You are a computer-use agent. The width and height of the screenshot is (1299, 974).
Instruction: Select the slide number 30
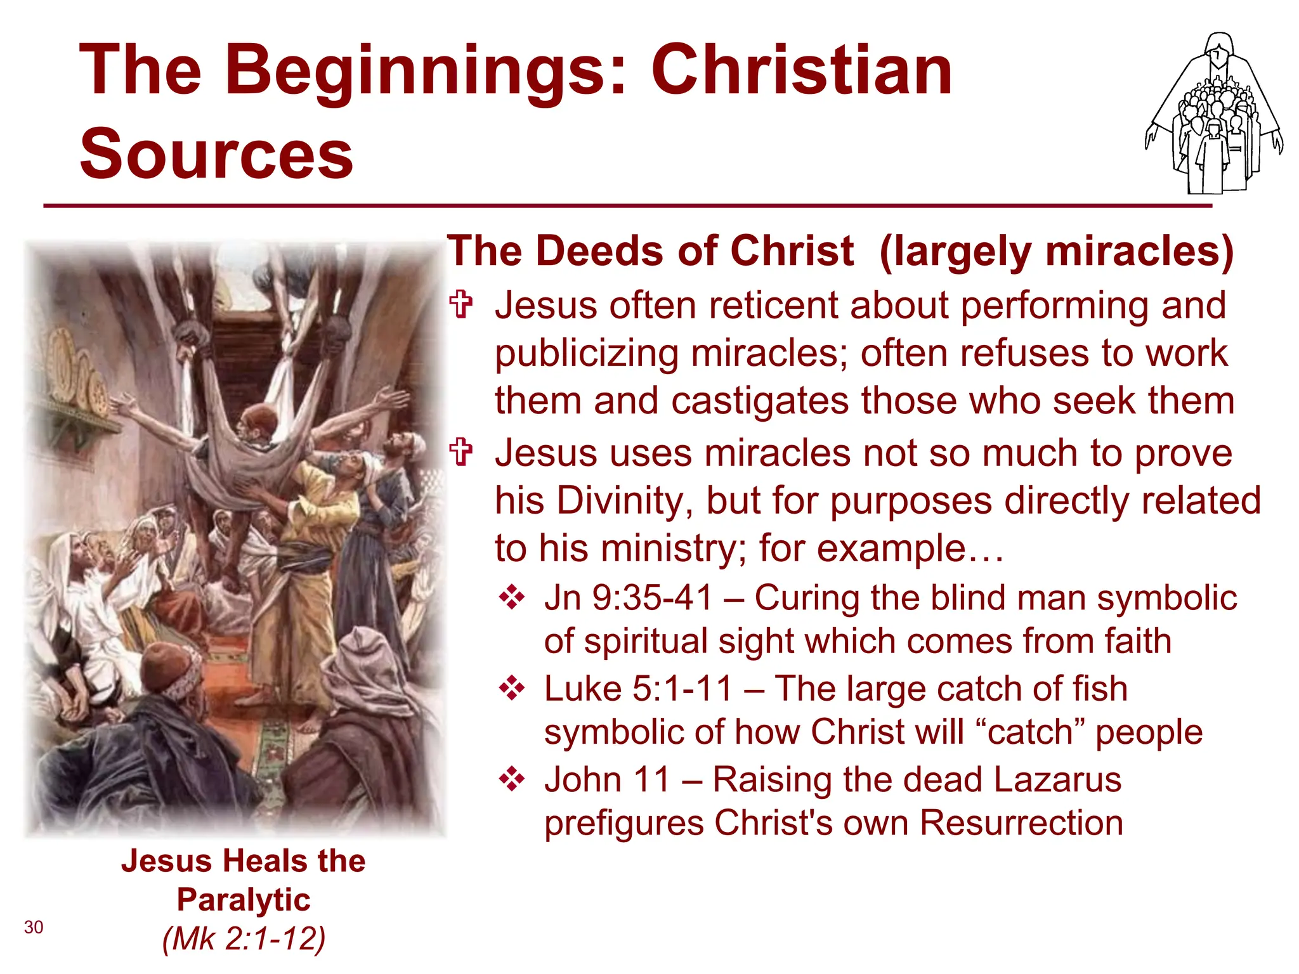click(34, 927)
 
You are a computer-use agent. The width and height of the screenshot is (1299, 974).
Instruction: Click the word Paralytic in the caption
click(244, 900)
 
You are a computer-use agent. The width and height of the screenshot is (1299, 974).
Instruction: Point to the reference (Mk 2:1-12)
click(244, 938)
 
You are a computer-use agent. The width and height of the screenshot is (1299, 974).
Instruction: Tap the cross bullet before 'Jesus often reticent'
click(461, 304)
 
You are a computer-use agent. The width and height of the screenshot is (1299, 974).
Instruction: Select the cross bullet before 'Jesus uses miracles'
click(461, 453)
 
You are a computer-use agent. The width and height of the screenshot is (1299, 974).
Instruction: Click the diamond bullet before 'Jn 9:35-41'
click(511, 598)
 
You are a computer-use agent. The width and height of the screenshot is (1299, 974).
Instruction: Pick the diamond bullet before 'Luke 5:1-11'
click(511, 689)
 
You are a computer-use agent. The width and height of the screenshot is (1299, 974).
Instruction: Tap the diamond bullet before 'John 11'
click(511, 779)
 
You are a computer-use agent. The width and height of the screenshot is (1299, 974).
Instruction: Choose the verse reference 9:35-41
click(653, 598)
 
